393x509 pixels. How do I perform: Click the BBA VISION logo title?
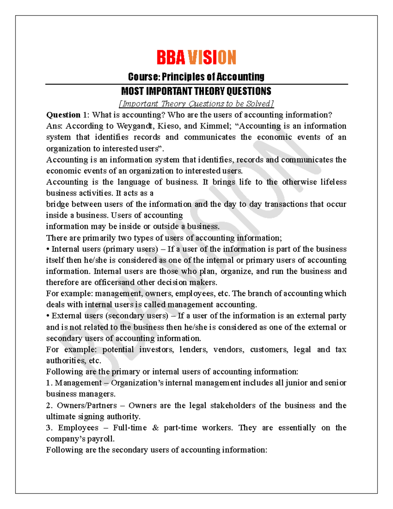coord(196,58)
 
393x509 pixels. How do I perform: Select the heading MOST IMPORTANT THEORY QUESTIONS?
coord(196,91)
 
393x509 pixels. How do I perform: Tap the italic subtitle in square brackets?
coord(196,104)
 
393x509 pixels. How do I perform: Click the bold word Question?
coord(63,115)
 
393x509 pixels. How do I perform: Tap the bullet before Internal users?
coord(48,249)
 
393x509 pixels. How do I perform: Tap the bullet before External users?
coord(48,316)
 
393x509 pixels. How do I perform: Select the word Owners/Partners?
coord(87,405)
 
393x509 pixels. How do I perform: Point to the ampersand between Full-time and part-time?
coord(156,428)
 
